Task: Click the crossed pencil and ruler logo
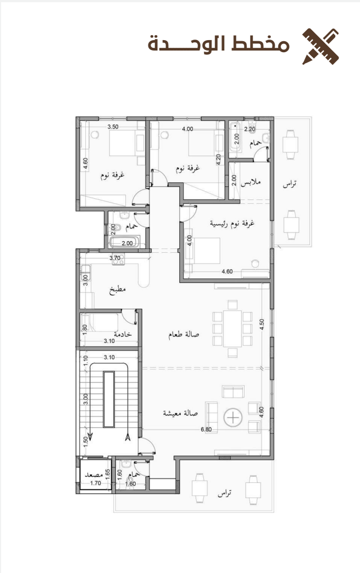(320, 46)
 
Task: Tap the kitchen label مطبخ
(117, 290)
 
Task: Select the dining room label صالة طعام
(184, 335)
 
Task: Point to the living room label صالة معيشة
(180, 413)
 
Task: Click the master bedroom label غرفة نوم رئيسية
(232, 223)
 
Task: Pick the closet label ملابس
(251, 182)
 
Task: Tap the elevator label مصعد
(93, 475)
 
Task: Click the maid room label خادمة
(123, 334)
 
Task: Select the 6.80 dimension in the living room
(206, 430)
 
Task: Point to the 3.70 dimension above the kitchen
(115, 258)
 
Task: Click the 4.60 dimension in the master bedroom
(227, 271)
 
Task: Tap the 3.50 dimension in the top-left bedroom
(113, 127)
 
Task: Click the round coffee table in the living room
(233, 418)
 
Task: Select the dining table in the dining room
(232, 329)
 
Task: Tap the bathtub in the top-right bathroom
(235, 137)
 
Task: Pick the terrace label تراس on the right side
(290, 184)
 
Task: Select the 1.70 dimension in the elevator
(96, 483)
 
